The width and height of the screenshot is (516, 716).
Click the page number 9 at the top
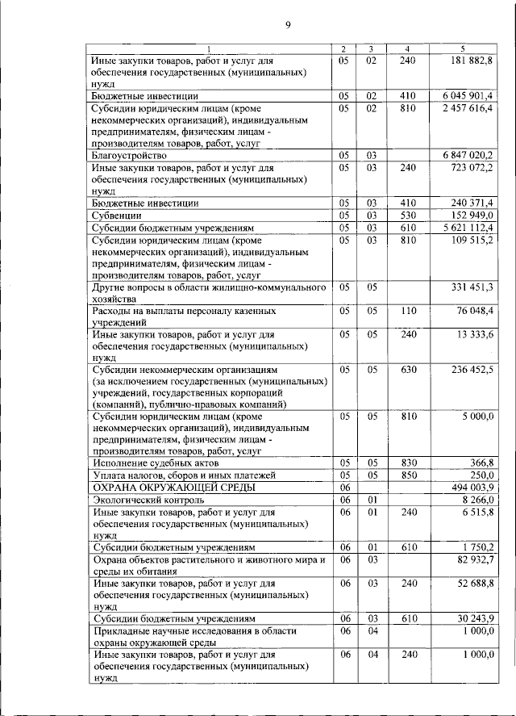tap(288, 26)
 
